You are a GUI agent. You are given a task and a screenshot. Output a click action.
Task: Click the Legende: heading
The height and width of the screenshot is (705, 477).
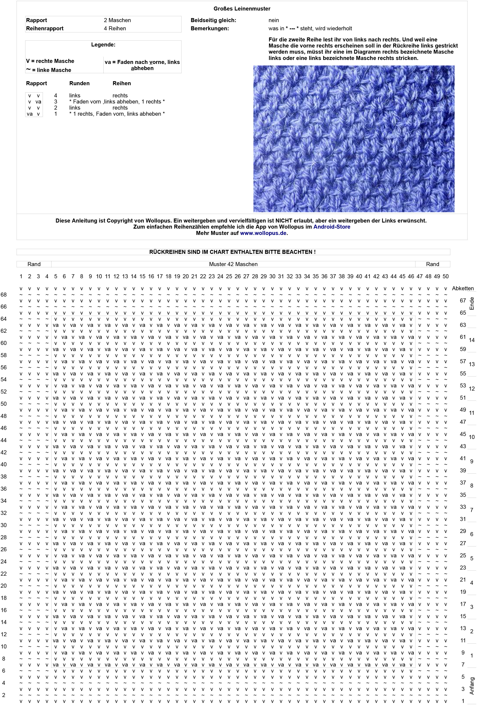click(103, 45)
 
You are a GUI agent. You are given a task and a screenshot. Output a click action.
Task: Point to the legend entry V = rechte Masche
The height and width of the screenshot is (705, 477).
click(50, 61)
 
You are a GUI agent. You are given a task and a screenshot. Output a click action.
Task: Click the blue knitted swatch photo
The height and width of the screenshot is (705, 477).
click(354, 139)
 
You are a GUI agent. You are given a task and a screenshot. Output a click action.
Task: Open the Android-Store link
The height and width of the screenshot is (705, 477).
click(332, 227)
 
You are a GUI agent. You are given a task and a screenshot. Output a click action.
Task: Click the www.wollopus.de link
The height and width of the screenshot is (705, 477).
click(263, 233)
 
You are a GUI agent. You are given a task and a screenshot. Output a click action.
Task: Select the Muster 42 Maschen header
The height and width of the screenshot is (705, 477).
click(233, 264)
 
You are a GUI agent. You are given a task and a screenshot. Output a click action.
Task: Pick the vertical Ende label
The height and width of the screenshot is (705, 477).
click(472, 303)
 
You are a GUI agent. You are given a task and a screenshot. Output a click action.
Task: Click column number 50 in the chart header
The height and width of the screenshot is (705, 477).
click(445, 276)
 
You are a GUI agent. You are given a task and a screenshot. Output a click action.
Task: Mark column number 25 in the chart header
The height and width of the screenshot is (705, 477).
click(229, 276)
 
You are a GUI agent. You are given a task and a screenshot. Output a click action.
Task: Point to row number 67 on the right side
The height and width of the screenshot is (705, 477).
click(463, 301)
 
